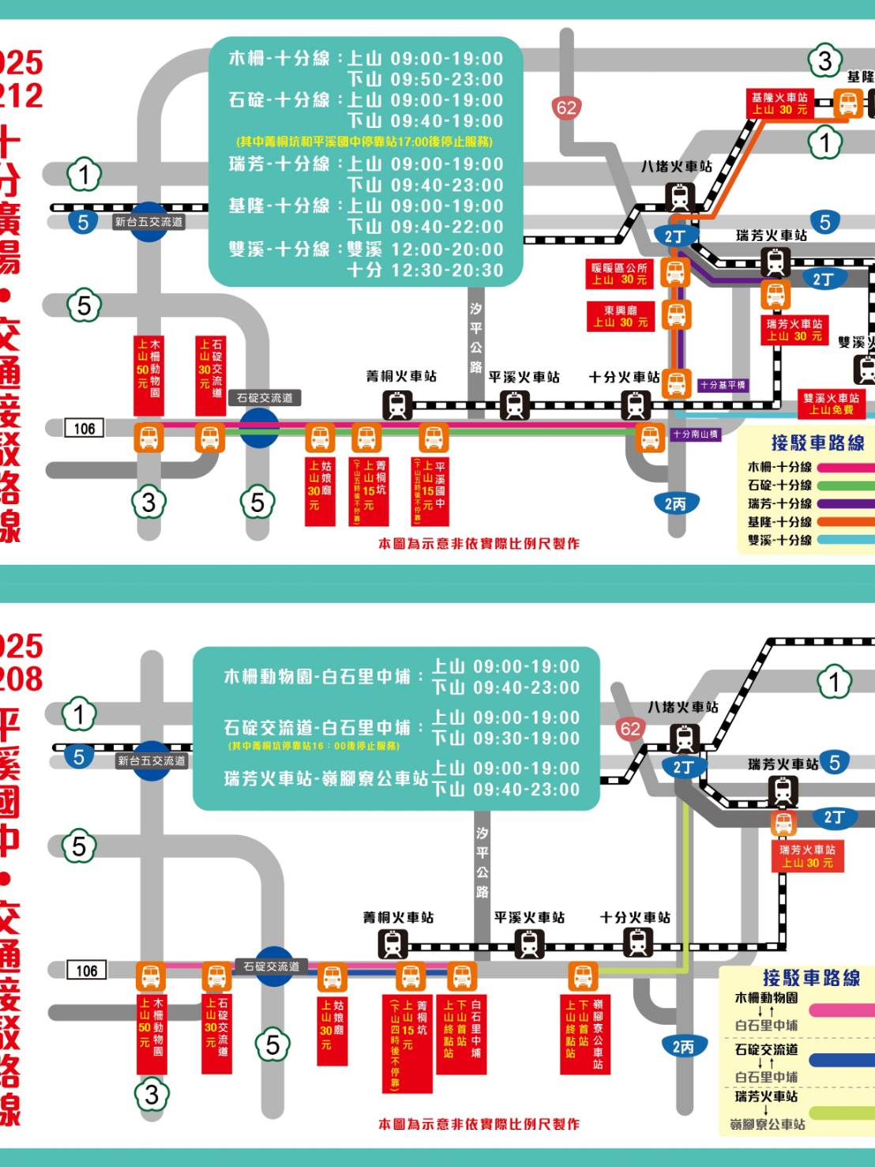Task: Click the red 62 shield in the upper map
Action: pyautogui.click(x=566, y=107)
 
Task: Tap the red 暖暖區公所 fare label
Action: pyautogui.click(x=619, y=274)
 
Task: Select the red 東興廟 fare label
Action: pyautogui.click(x=620, y=316)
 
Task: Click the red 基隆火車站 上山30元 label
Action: pyautogui.click(x=779, y=104)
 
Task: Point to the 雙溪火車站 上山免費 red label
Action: pyautogui.click(x=831, y=404)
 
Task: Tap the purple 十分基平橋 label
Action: pyautogui.click(x=722, y=385)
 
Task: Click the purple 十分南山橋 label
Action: pyautogui.click(x=695, y=434)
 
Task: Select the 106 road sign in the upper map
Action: pyautogui.click(x=84, y=428)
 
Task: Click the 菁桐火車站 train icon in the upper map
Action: pyautogui.click(x=397, y=405)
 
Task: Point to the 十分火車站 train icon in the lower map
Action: pyautogui.click(x=637, y=943)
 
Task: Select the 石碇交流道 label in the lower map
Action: pyautogui.click(x=271, y=966)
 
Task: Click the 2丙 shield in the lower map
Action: pyautogui.click(x=683, y=1047)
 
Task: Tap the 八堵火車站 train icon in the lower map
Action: pyautogui.click(x=684, y=738)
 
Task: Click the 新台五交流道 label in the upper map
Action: pyautogui.click(x=149, y=222)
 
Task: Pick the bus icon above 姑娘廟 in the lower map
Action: pyautogui.click(x=332, y=978)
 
